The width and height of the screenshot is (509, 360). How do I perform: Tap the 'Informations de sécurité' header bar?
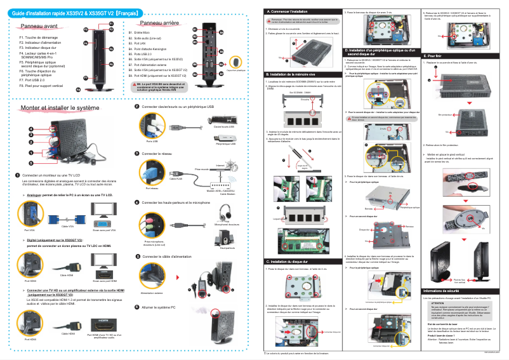(x=446, y=291)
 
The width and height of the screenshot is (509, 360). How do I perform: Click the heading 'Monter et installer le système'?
(x=60, y=109)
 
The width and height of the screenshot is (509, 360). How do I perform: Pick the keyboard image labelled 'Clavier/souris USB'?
(x=224, y=119)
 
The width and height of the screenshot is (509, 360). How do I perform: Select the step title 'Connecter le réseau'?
(x=159, y=154)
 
